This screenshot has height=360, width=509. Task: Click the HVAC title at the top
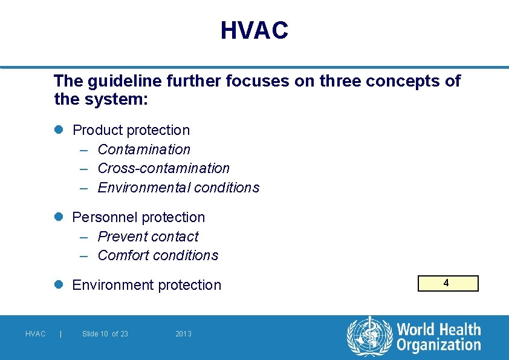pyautogui.click(x=254, y=30)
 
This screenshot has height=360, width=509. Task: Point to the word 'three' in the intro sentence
pyautogui.click(x=339, y=81)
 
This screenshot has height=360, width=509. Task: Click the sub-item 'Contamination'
pyautogui.click(x=144, y=149)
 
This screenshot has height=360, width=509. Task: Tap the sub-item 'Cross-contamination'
pyautogui.click(x=163, y=168)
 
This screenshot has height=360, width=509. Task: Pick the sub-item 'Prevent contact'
pyautogui.click(x=148, y=237)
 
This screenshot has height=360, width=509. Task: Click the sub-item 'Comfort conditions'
pyautogui.click(x=158, y=255)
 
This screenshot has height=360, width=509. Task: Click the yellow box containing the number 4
pyautogui.click(x=447, y=283)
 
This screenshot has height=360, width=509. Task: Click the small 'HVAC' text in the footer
pyautogui.click(x=36, y=334)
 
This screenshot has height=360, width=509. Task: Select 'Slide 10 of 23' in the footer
pyautogui.click(x=105, y=334)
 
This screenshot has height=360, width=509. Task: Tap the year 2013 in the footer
pyautogui.click(x=183, y=334)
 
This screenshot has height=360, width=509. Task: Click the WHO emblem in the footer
pyautogui.click(x=369, y=336)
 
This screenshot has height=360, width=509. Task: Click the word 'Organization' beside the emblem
pyautogui.click(x=438, y=345)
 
